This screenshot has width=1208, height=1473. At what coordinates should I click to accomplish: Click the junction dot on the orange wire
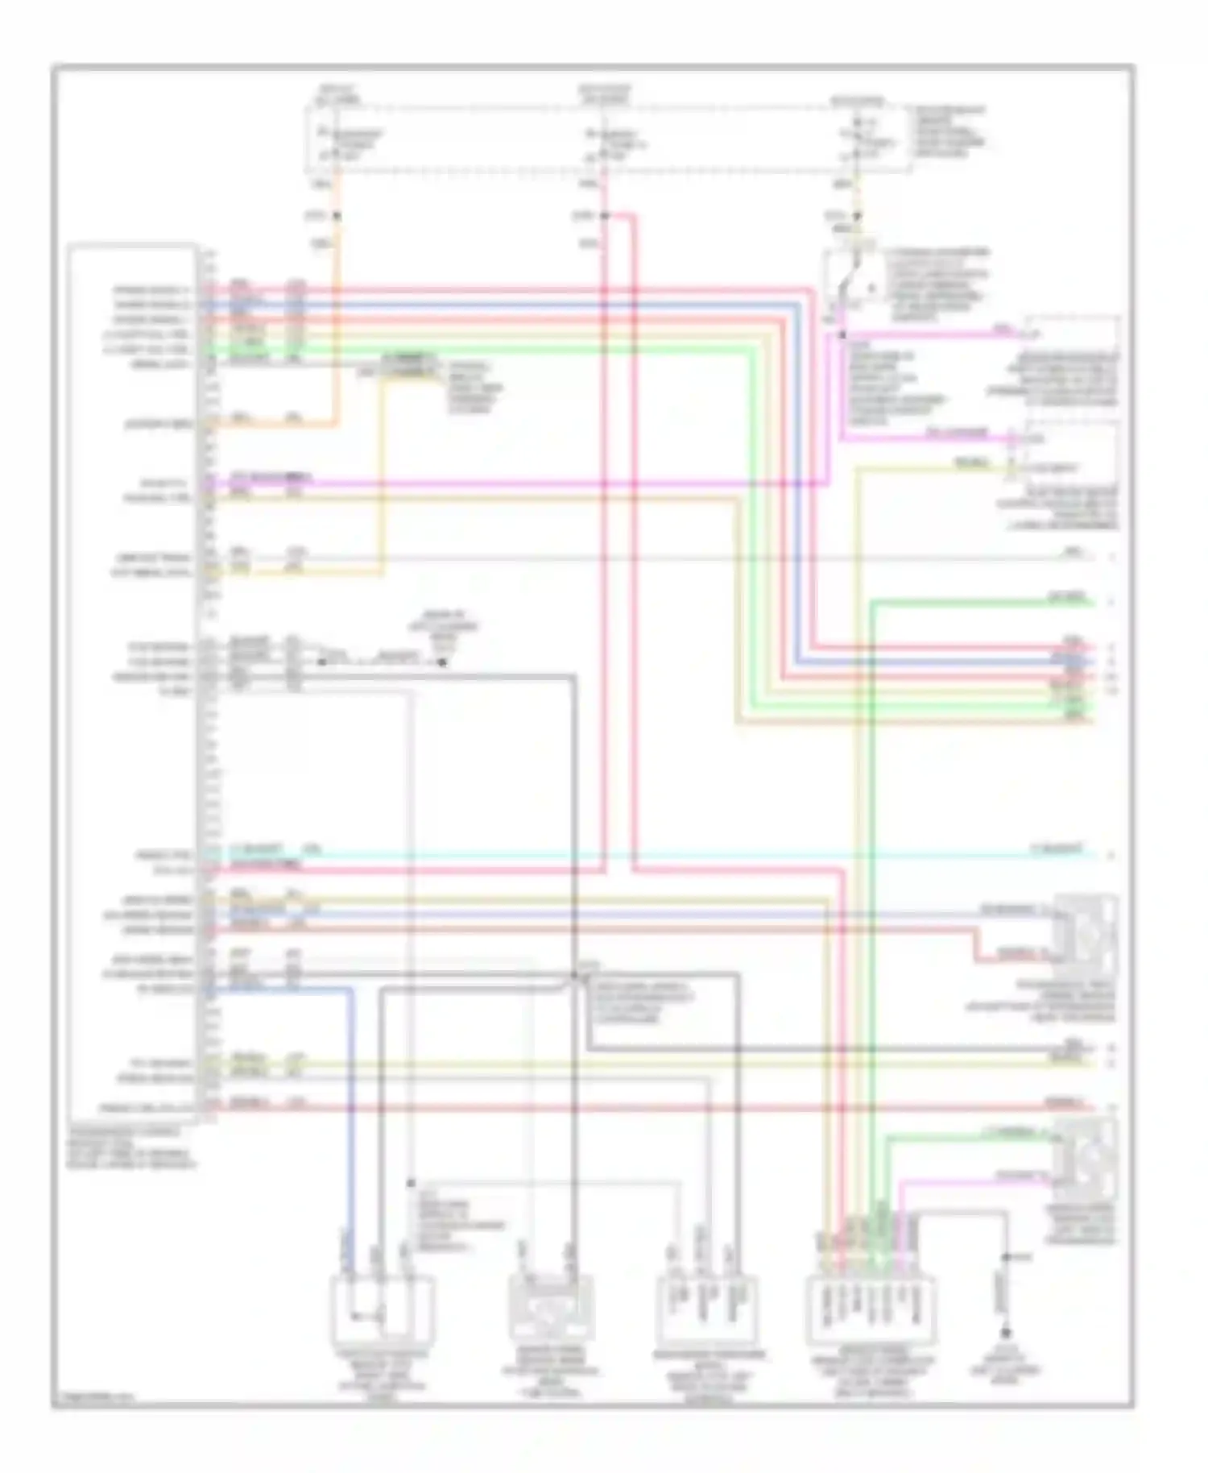click(x=337, y=216)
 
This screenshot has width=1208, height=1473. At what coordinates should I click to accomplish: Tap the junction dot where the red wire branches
click(x=604, y=216)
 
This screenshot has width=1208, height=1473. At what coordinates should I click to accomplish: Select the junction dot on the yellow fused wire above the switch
click(x=857, y=216)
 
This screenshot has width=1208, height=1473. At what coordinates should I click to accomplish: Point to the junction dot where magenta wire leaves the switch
click(x=842, y=334)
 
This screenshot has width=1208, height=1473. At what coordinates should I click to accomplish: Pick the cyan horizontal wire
click(x=644, y=854)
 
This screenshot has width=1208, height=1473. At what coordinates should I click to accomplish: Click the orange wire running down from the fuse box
click(x=337, y=322)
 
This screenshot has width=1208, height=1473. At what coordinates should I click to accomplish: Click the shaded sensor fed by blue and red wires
click(x=1086, y=935)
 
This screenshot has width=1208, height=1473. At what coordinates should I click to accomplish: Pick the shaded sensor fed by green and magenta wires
click(x=1086, y=1159)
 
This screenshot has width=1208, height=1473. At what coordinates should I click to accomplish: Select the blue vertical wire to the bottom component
click(x=352, y=1128)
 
